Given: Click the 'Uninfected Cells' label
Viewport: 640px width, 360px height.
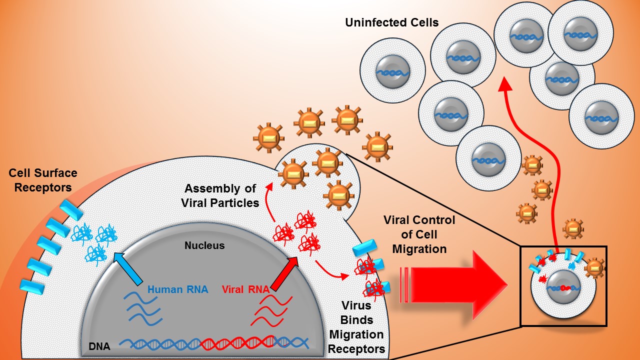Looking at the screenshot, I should (x=391, y=22).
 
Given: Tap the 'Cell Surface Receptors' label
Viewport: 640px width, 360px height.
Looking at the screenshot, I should (x=43, y=180).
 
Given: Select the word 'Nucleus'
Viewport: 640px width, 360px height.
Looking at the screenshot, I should (x=204, y=245).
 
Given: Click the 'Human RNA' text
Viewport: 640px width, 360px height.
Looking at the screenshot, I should (x=177, y=289).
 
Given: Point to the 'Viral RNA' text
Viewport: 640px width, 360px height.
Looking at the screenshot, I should (x=245, y=289).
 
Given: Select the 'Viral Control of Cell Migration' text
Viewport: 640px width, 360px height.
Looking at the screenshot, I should (x=419, y=234).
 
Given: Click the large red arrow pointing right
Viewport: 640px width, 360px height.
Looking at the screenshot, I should (x=450, y=285).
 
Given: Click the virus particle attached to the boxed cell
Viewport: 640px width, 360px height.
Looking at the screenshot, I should (x=594, y=267).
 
